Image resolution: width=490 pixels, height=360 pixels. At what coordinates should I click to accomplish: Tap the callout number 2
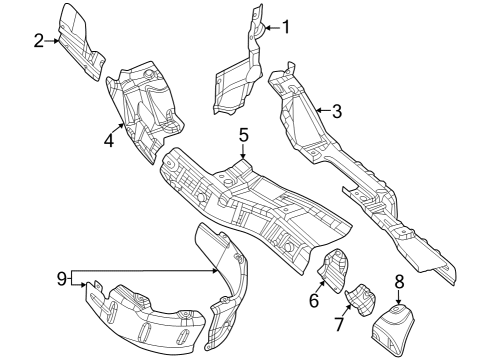tap(38, 41)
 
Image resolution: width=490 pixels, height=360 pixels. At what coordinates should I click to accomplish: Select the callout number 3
tap(337, 111)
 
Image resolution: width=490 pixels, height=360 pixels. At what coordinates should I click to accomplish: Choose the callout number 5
tap(243, 134)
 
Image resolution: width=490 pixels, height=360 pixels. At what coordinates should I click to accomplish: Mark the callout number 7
tap(339, 323)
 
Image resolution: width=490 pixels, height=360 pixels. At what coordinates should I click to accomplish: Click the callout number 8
tap(399, 281)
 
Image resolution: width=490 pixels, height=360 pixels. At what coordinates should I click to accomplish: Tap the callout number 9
tap(62, 277)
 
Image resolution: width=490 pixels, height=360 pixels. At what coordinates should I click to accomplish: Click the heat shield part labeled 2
tap(81, 40)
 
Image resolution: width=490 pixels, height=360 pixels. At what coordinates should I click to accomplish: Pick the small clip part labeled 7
tap(361, 299)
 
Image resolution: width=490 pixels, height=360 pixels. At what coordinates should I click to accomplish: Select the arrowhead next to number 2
tap(57, 41)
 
